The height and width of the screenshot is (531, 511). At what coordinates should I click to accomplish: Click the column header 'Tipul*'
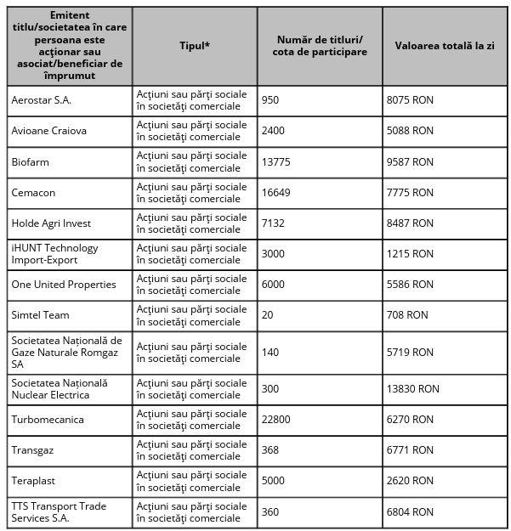(195, 45)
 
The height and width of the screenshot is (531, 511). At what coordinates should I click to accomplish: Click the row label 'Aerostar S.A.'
(41, 100)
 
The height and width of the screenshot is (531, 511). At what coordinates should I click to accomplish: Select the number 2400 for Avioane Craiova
(273, 131)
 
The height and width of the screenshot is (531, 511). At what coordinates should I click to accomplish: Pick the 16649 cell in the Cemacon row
(275, 193)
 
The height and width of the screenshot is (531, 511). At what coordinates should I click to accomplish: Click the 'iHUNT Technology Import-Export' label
(54, 254)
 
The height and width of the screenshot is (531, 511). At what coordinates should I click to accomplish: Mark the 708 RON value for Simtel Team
(407, 315)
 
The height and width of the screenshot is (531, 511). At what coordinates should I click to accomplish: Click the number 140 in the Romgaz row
(270, 353)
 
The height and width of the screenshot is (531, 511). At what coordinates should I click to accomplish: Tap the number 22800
(275, 420)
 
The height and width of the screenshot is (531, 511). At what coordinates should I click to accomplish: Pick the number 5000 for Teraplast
(273, 481)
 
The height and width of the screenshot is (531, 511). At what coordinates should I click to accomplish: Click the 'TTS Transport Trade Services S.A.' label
(59, 512)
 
